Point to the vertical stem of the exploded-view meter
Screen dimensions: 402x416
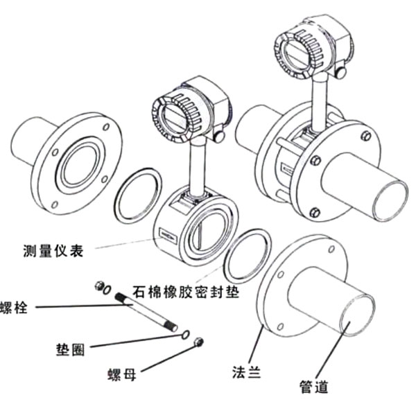(195, 163)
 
